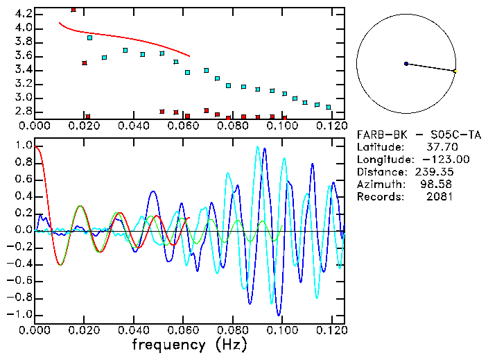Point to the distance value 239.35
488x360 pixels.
click(x=436, y=171)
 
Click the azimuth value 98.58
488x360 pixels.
click(x=439, y=184)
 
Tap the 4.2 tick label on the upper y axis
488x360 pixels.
click(x=22, y=14)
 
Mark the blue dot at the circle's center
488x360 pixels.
click(x=406, y=64)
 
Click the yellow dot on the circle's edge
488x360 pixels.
click(x=455, y=71)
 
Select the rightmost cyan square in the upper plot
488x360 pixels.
click(x=329, y=108)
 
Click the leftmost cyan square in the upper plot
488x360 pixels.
click(x=89, y=37)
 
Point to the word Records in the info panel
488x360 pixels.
click(x=379, y=196)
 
